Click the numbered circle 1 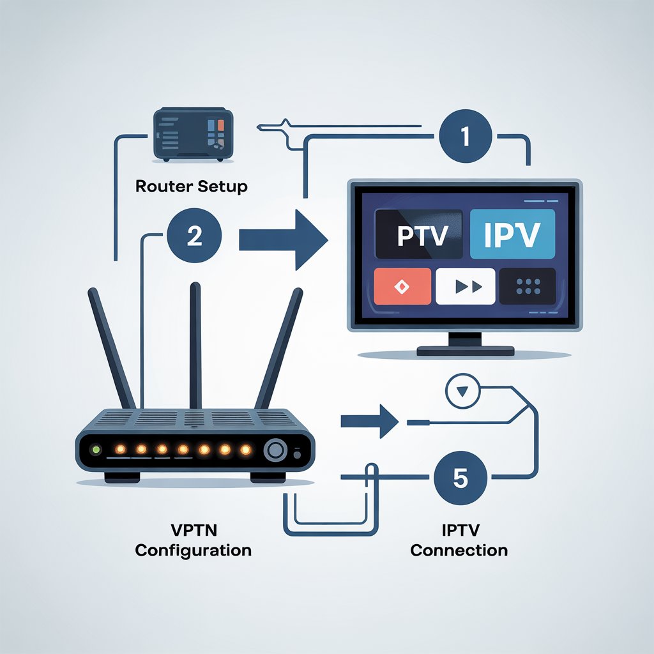[x=465, y=138]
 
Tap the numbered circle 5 [x=460, y=479]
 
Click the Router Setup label [x=192, y=187]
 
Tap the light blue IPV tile [x=512, y=234]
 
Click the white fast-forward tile [x=465, y=286]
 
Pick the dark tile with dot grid [x=528, y=286]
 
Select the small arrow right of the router [x=370, y=421]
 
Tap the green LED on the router [x=96, y=450]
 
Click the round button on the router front [x=276, y=450]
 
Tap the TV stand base [x=464, y=351]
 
